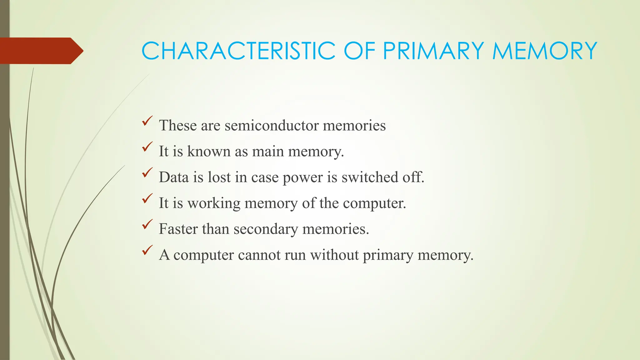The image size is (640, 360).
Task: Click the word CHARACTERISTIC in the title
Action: click(x=238, y=51)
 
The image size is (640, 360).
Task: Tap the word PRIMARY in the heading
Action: click(x=433, y=51)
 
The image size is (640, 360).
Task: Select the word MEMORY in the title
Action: click(x=545, y=51)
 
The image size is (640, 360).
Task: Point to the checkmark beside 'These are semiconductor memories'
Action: click(x=147, y=121)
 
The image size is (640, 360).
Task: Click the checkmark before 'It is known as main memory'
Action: click(x=147, y=147)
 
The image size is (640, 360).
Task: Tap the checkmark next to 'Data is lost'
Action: click(x=147, y=172)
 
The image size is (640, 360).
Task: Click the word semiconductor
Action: click(x=271, y=126)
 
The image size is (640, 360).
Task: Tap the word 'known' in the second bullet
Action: click(x=208, y=152)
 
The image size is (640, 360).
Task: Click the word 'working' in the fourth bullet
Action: click(x=214, y=203)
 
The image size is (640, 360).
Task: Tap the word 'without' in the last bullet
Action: click(x=334, y=255)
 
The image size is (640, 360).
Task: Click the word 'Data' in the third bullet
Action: click(x=174, y=177)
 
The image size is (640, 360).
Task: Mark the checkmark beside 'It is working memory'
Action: click(x=147, y=198)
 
